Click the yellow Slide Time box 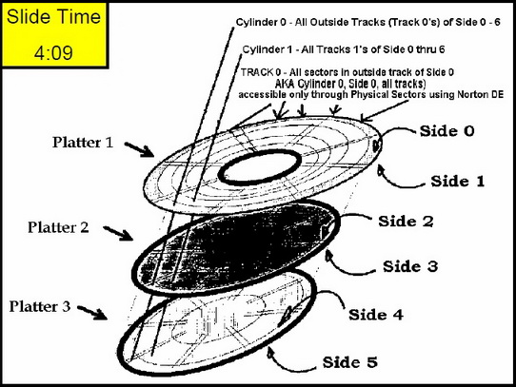click(54, 35)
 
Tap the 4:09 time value click(53, 52)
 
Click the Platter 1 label click(83, 143)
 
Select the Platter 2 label click(58, 227)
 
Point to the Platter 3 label click(40, 306)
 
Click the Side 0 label click(447, 131)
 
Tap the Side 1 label click(458, 182)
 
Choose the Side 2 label click(406, 222)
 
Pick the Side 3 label click(410, 266)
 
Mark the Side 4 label click(376, 315)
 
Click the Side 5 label click(349, 362)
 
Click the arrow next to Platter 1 click(139, 149)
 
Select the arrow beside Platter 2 click(118, 233)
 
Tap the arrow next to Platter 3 click(92, 313)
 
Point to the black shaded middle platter click(235, 246)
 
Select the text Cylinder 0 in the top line click(261, 23)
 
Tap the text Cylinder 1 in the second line click(268, 49)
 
